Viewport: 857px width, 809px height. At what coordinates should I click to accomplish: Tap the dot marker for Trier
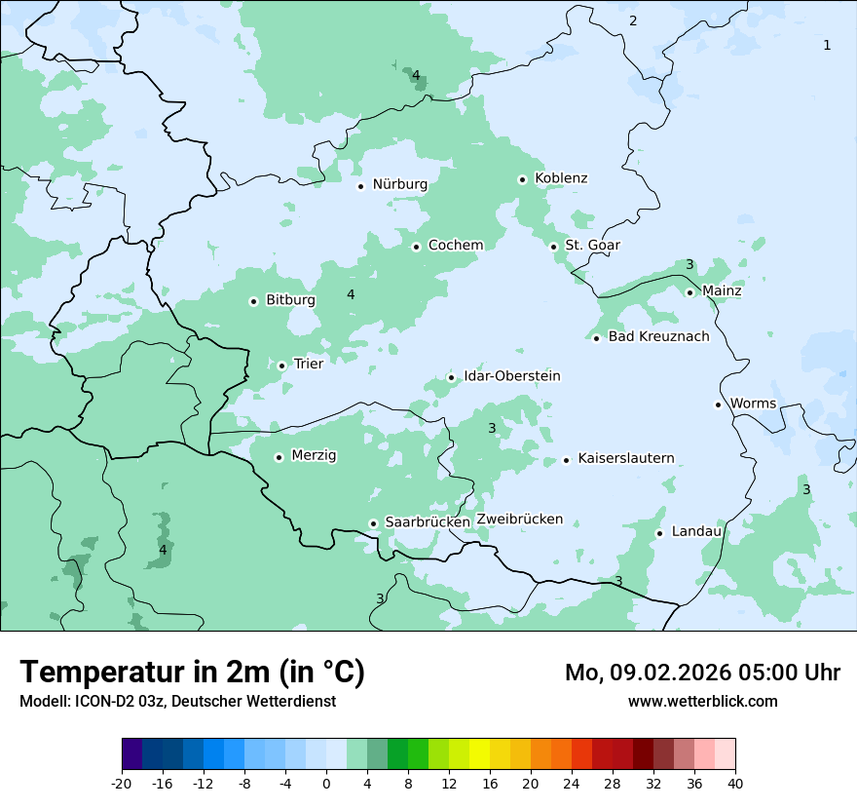[x=281, y=366]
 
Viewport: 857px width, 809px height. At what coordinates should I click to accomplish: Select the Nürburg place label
[x=399, y=184]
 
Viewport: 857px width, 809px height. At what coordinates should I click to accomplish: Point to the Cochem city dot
[x=416, y=247]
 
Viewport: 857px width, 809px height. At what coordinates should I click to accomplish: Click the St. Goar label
[x=592, y=245]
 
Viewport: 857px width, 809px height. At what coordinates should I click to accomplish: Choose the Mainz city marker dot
[x=689, y=292]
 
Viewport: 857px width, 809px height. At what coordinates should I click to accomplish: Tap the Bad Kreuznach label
[x=658, y=336]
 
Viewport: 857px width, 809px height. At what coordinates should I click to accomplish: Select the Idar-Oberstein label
[x=511, y=376]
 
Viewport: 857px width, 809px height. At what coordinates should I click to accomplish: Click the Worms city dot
[x=718, y=404]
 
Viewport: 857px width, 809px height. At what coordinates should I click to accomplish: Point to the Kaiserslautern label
[x=625, y=458]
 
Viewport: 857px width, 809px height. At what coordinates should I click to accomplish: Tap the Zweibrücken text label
[x=519, y=520]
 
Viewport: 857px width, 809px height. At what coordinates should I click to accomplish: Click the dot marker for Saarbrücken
[x=373, y=523]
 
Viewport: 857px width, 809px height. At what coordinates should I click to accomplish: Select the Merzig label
[x=314, y=455]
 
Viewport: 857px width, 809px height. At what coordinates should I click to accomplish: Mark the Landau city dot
[x=659, y=533]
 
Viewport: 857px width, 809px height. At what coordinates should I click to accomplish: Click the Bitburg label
[x=290, y=300]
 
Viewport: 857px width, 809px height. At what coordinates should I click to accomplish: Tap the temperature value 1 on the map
[x=827, y=45]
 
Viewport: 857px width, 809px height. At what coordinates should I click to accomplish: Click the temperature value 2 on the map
[x=633, y=20]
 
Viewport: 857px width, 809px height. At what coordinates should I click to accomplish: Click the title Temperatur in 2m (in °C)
[x=192, y=672]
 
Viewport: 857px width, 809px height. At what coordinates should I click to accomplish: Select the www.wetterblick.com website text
[x=702, y=701]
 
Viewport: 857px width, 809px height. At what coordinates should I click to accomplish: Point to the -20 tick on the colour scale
[x=122, y=783]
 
